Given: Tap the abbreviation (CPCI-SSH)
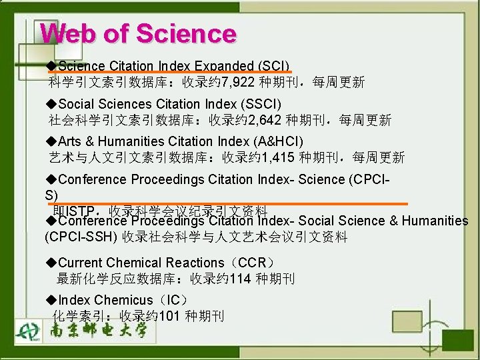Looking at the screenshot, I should (x=81, y=237).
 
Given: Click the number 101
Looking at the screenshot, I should (x=169, y=317).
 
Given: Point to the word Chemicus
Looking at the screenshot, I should (x=123, y=300).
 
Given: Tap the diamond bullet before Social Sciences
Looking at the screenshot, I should (x=53, y=104).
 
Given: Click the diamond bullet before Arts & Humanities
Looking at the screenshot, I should (x=53, y=141).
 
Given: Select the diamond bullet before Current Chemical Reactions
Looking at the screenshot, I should (x=53, y=263).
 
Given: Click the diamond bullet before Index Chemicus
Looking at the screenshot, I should (x=53, y=300).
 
